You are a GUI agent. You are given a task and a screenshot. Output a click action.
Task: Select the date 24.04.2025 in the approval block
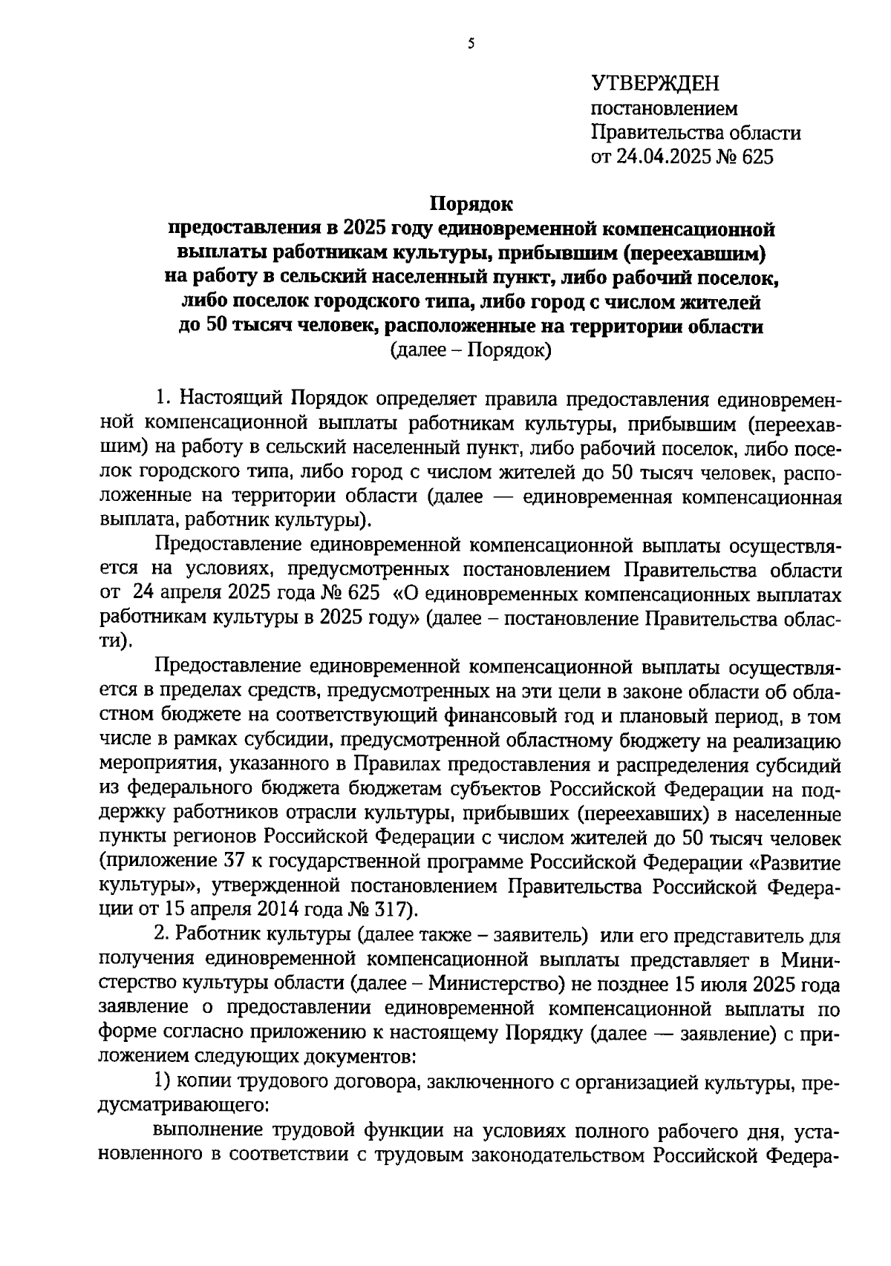click(x=667, y=157)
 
